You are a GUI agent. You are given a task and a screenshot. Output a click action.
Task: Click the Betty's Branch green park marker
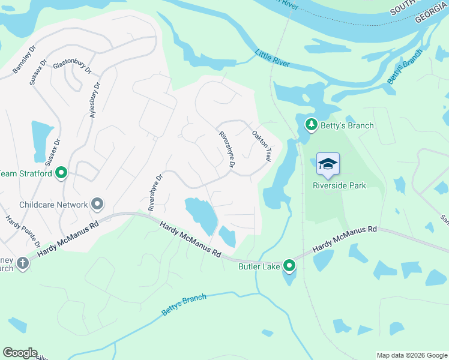(x=311, y=125)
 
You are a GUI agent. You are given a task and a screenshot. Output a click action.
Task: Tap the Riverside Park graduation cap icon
(x=328, y=164)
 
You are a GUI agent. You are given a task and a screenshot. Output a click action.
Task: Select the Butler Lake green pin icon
(x=289, y=265)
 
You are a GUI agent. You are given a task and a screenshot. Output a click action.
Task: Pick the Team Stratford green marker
(x=61, y=173)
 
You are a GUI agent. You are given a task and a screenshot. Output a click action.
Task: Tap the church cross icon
(x=22, y=263)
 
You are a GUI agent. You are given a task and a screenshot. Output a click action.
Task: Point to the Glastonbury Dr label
(x=73, y=66)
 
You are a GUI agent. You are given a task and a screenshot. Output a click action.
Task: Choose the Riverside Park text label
(x=339, y=185)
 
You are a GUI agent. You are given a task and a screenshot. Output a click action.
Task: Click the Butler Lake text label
(x=259, y=266)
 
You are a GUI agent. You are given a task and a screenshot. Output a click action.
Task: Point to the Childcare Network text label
(x=53, y=205)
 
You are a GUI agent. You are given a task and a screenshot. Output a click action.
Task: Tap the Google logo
(x=20, y=353)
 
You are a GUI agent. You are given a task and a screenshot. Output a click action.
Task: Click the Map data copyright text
(x=412, y=355)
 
